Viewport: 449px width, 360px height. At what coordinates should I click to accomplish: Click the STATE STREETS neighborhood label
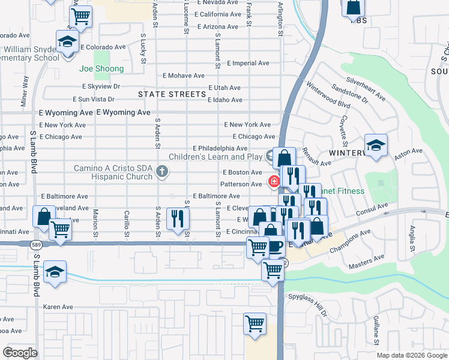tap(172, 94)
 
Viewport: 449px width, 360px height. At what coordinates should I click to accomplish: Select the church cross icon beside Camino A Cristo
tap(161, 172)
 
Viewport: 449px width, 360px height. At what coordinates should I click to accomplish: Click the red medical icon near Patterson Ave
tap(274, 181)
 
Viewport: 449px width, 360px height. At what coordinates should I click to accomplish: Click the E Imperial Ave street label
tap(250, 63)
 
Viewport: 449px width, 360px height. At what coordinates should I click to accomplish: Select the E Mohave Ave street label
tap(184, 76)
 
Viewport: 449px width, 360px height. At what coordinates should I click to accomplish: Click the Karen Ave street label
tap(58, 307)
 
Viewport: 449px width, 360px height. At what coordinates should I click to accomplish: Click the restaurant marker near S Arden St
tap(176, 217)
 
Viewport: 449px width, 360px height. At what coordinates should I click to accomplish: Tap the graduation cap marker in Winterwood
tap(376, 146)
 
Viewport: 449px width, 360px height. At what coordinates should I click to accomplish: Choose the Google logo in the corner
tap(20, 353)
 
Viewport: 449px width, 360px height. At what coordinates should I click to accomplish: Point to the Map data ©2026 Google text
tap(411, 355)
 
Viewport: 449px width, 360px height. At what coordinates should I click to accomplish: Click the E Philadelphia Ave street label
tap(220, 148)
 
